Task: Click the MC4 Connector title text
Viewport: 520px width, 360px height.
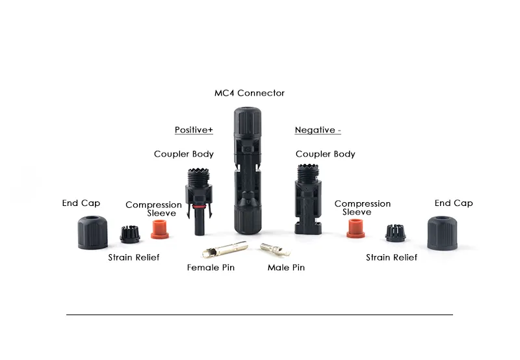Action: click(250, 93)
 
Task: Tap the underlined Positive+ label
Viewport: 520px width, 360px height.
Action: click(194, 130)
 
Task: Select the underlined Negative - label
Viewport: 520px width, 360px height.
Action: click(318, 130)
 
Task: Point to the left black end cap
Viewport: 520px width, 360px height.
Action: click(93, 231)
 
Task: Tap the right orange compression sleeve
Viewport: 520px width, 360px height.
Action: click(356, 228)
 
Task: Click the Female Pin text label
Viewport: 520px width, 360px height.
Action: click(211, 268)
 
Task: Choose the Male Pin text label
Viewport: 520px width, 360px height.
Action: click(286, 268)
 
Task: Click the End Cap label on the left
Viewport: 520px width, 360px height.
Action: click(81, 203)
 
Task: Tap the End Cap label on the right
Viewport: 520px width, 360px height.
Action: click(454, 203)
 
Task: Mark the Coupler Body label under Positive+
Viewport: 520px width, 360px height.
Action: click(184, 154)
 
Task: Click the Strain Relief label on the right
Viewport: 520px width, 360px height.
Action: click(391, 258)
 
